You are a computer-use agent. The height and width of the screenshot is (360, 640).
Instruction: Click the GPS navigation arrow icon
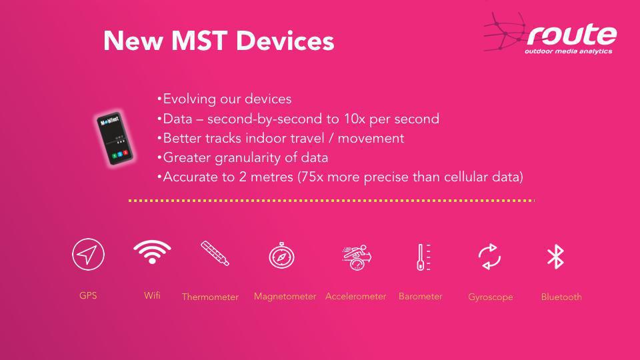(88, 254)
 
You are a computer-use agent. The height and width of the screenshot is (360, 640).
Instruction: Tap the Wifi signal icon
(152, 252)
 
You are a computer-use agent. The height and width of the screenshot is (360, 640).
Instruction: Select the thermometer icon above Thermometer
(215, 253)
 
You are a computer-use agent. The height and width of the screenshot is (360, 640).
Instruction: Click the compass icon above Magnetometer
(281, 256)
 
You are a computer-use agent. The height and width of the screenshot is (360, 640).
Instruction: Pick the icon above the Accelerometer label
(357, 257)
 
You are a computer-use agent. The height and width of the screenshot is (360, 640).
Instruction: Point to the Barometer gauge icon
(423, 257)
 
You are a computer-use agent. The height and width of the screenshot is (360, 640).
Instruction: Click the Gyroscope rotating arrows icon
(489, 257)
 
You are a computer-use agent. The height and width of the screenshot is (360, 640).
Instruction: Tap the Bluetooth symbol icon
(555, 257)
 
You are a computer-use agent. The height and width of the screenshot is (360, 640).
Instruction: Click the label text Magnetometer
(285, 297)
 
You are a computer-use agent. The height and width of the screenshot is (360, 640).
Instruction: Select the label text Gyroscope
(491, 297)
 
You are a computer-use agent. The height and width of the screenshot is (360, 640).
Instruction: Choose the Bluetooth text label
(561, 297)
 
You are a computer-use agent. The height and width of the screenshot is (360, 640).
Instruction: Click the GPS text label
(88, 295)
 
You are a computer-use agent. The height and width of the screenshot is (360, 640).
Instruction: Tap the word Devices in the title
(285, 41)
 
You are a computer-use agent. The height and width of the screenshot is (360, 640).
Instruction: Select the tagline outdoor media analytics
(568, 51)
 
